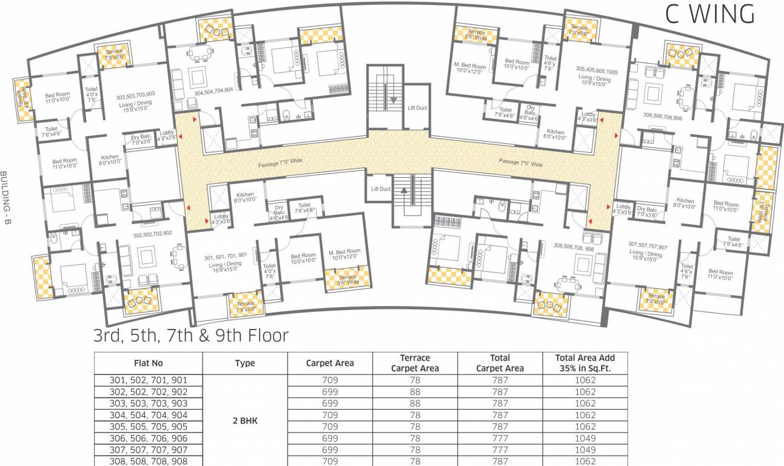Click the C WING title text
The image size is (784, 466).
tap(709, 14)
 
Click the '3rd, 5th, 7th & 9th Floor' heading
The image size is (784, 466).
tap(190, 336)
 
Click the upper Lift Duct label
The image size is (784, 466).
tap(417, 108)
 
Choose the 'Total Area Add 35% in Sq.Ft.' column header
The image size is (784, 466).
tap(585, 363)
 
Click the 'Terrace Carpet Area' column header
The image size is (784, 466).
tap(415, 363)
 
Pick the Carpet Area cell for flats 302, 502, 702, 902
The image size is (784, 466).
tap(329, 392)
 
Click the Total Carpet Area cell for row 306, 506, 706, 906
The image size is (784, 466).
tap(500, 438)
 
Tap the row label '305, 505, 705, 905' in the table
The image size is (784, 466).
tap(149, 427)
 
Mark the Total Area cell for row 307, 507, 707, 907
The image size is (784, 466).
tap(585, 450)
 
